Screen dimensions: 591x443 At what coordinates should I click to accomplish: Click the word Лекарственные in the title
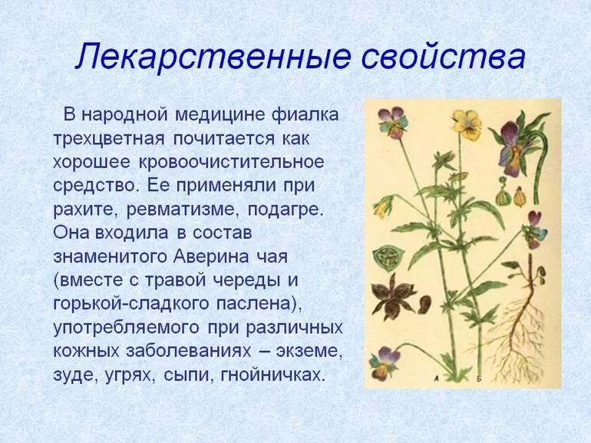(x=214, y=57)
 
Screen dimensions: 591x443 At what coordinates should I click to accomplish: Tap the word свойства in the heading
(x=444, y=57)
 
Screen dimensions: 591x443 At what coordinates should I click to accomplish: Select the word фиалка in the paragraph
(x=305, y=114)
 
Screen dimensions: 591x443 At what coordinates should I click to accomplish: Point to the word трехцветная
(x=109, y=138)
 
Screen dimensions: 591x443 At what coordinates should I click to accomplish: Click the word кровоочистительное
(x=232, y=162)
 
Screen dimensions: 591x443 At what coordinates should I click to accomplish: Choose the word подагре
(x=286, y=210)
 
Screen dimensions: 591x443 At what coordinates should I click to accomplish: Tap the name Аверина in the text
(x=211, y=256)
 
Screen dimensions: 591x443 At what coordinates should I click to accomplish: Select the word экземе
(x=309, y=352)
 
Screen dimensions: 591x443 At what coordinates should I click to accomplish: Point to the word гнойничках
(x=272, y=375)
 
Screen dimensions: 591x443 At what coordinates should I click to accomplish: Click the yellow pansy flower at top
(x=467, y=124)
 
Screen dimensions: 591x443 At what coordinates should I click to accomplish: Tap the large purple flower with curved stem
(x=513, y=147)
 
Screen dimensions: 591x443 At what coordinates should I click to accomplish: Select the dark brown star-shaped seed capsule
(x=393, y=293)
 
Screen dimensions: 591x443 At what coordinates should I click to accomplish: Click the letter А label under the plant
(x=436, y=379)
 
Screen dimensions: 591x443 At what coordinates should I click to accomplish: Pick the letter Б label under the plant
(x=480, y=379)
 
